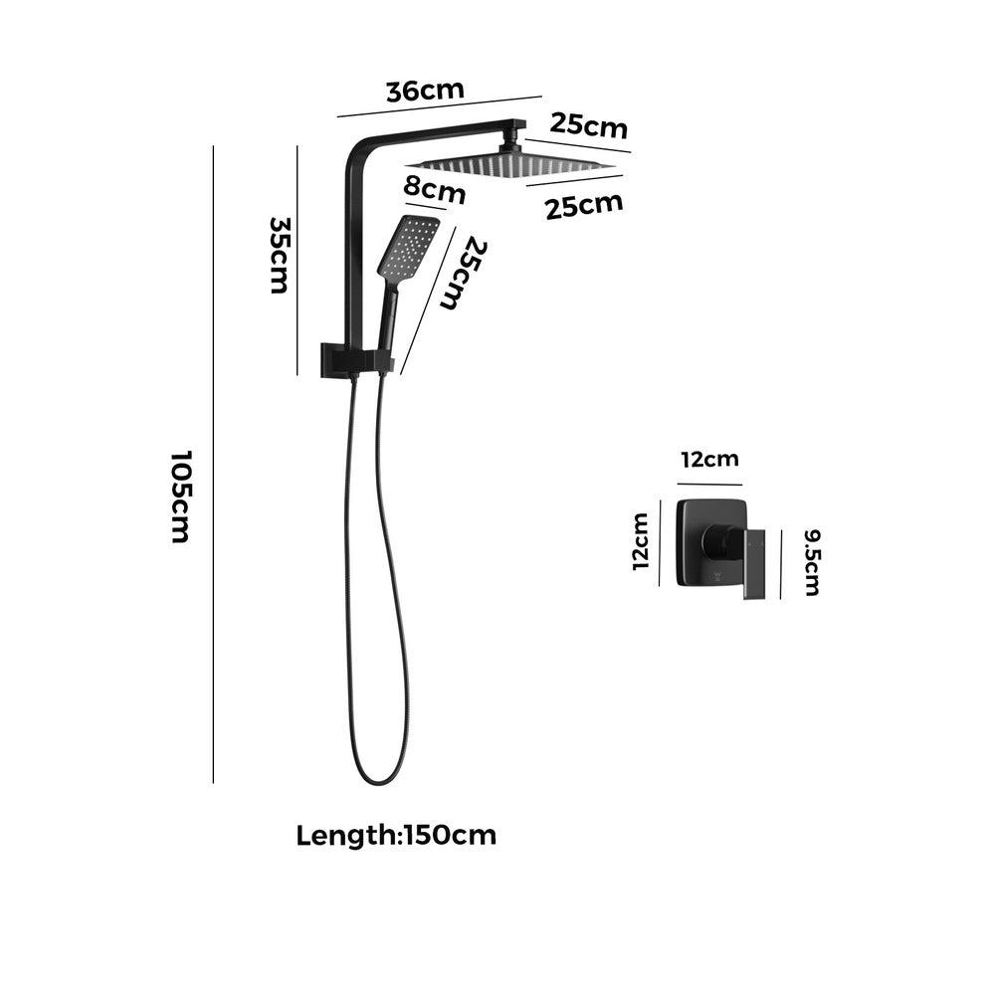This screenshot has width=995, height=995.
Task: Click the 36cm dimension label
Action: (425, 90)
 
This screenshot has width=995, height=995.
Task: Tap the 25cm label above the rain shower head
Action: (589, 126)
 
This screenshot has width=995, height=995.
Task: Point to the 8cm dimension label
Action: (435, 189)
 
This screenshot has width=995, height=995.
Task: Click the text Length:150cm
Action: (396, 835)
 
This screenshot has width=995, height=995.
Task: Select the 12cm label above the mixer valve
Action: (709, 460)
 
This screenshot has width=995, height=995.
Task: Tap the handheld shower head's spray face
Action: (409, 247)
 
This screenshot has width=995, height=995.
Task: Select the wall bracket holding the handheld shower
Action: (353, 359)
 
